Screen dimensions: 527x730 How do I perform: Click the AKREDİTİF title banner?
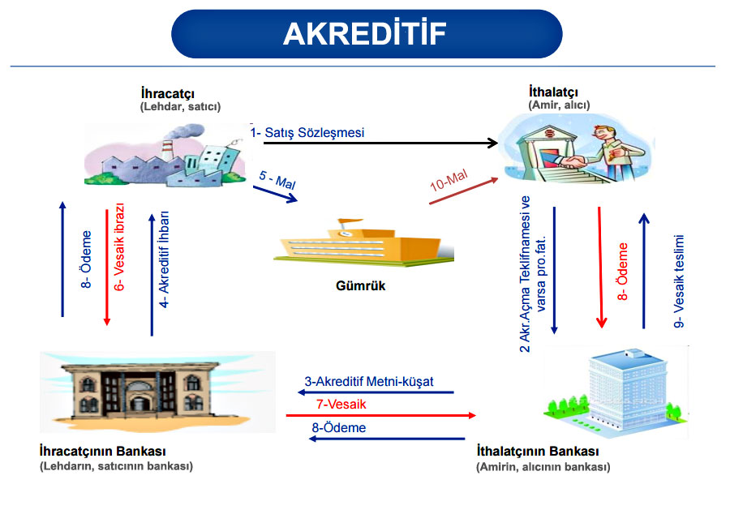point(366,33)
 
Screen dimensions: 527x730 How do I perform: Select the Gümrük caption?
point(359,286)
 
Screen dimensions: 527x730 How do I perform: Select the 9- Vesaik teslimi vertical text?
point(681,280)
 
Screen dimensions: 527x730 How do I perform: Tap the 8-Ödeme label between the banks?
point(339,427)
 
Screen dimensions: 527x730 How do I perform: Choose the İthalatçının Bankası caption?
point(537,451)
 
